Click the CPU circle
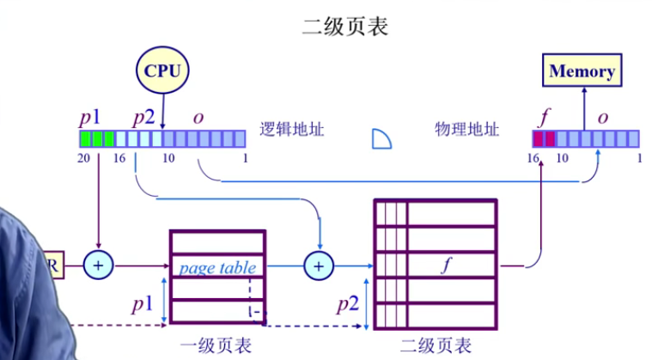point(162,70)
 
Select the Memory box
point(582,70)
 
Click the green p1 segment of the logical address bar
point(97,138)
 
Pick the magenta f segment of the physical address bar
point(545,138)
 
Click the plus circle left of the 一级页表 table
point(99,266)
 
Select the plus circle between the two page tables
point(320,266)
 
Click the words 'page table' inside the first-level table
point(217,267)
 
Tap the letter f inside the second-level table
point(446,265)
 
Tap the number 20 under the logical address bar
point(84,158)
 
